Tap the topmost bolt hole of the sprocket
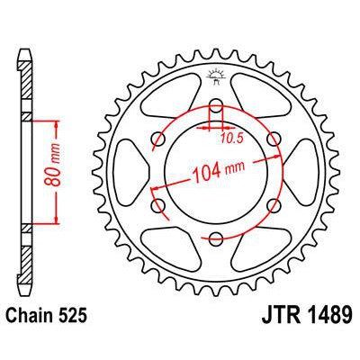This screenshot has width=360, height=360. (216, 112)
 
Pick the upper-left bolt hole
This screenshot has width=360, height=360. (158, 139)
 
